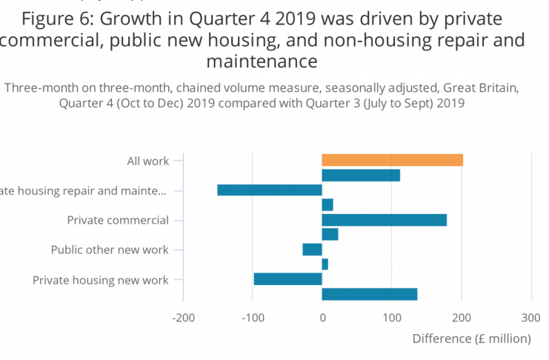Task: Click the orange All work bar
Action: [392, 160]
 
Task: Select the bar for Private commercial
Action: [384, 220]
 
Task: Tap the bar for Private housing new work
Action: [287, 279]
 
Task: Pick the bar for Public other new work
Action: [312, 250]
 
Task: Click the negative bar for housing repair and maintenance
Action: [269, 190]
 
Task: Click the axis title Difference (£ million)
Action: [471, 339]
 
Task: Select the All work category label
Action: [147, 161]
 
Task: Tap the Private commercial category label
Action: [118, 220]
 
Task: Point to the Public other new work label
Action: [110, 250]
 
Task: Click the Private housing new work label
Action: [101, 280]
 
